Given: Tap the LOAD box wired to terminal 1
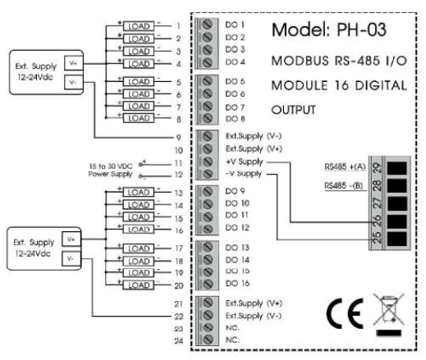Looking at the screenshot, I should pos(137,25).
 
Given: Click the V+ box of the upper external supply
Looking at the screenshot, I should pos(72,62).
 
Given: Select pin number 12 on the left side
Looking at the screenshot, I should pos(177,175).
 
